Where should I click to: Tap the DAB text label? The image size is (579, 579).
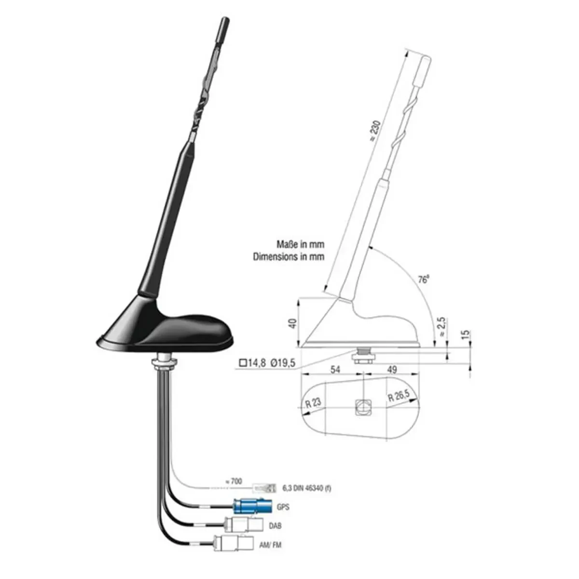tap(275, 526)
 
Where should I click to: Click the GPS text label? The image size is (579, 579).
tap(283, 507)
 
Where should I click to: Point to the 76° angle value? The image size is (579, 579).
tap(423, 279)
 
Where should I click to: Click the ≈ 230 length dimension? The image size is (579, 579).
tap(375, 131)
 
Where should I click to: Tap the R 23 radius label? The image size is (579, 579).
tap(314, 402)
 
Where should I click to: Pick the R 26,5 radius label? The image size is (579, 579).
tap(399, 397)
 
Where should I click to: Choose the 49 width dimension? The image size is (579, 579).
tap(392, 369)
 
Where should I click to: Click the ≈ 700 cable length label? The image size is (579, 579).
tap(234, 481)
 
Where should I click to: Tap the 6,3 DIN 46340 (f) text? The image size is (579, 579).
tap(306, 488)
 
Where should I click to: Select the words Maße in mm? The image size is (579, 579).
tap(301, 244)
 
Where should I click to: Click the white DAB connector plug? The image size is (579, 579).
tap(244, 524)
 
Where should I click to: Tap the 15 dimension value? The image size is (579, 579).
tap(465, 334)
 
